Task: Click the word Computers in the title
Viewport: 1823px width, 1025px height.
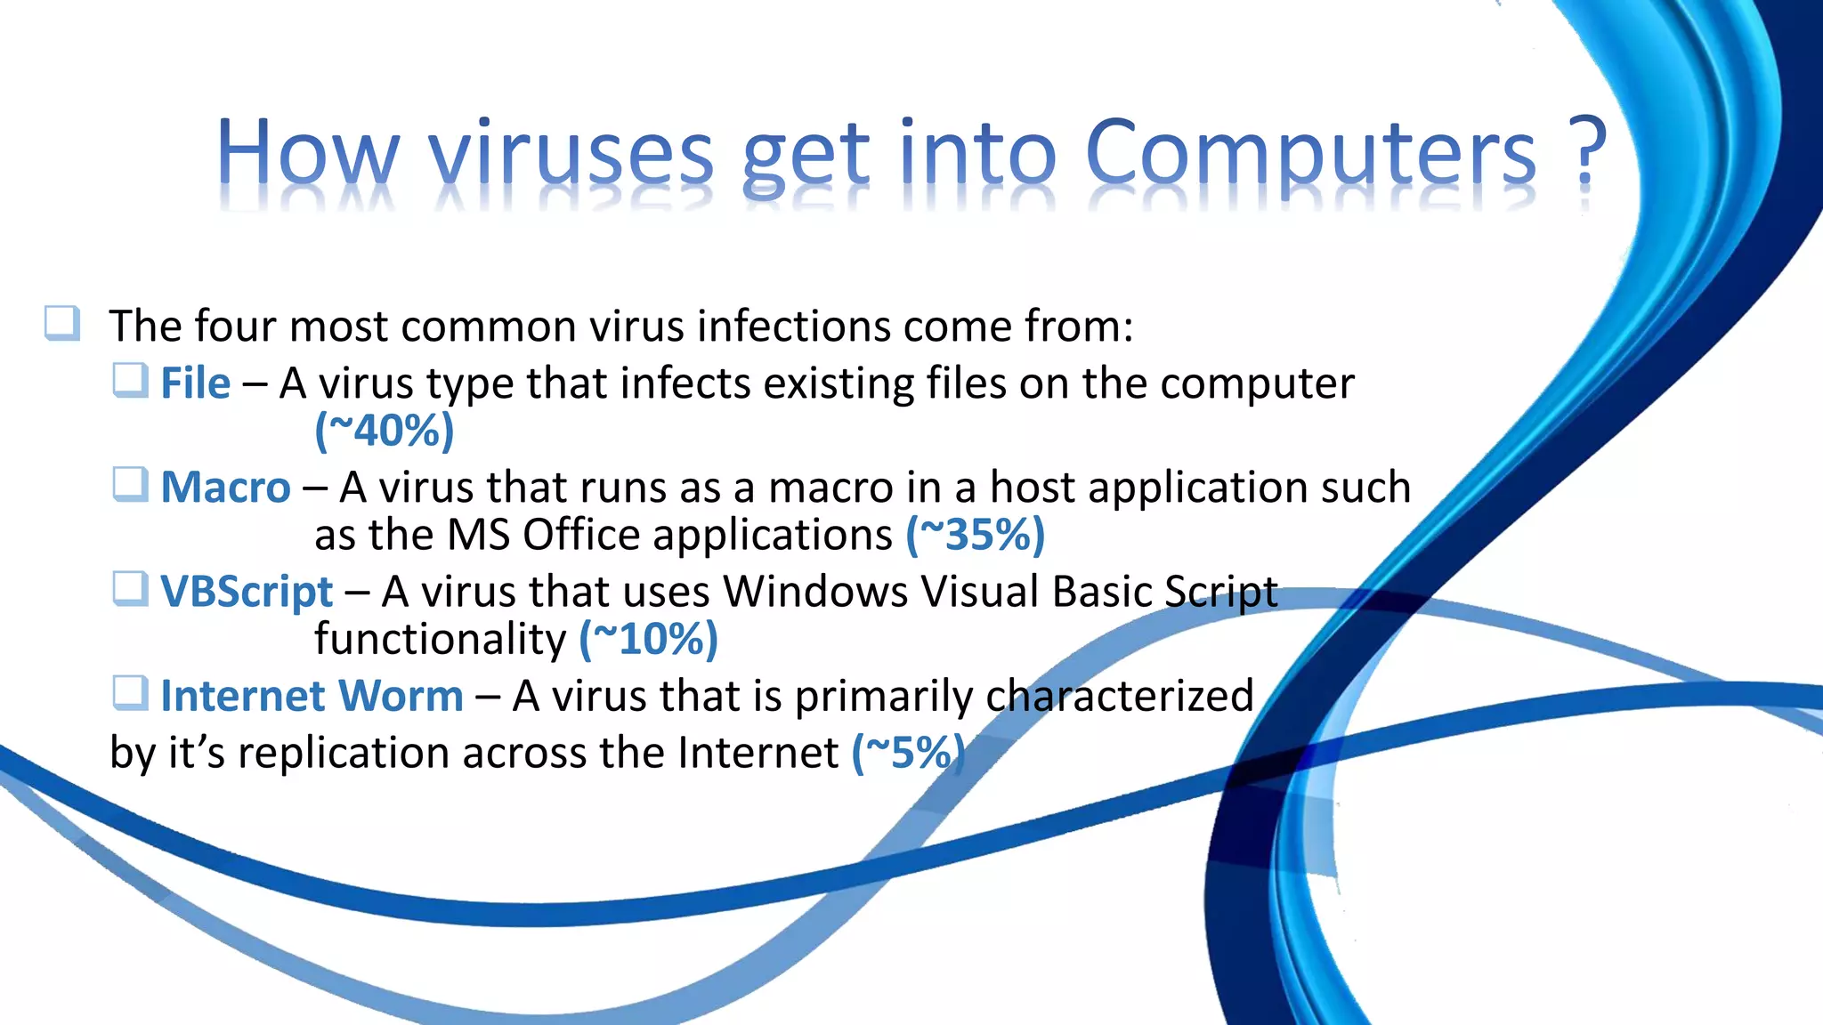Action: coord(1310,153)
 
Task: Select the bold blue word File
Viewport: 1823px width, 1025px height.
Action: coord(195,383)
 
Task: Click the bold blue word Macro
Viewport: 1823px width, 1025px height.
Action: coord(225,488)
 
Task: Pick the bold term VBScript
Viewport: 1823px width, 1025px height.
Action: coord(247,592)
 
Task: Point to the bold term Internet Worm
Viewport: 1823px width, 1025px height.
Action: coord(312,696)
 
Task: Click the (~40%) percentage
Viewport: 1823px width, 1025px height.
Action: coord(385,432)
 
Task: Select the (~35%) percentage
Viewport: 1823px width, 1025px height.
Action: coord(976,535)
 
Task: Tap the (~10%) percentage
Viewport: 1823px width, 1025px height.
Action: coord(649,639)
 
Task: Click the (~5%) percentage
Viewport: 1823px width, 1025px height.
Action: coord(908,753)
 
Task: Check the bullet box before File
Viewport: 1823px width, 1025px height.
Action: coord(130,381)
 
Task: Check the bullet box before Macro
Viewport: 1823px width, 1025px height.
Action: coord(130,485)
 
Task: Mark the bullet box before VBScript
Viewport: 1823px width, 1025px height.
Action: coord(130,589)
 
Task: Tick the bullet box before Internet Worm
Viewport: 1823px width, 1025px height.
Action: coord(130,693)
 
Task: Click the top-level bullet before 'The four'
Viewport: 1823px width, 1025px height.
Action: coord(62,323)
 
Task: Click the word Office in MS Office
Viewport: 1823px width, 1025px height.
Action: coord(580,535)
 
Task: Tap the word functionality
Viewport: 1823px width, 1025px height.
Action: coord(440,639)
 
